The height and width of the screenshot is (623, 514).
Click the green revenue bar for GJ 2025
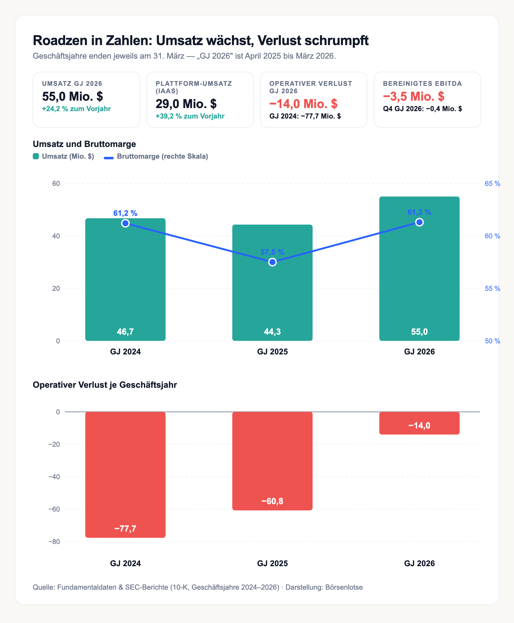click(x=272, y=282)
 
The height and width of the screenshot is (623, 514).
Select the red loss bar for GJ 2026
click(x=419, y=423)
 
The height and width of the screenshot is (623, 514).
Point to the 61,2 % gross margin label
click(x=125, y=213)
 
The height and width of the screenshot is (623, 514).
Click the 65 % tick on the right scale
click(x=492, y=184)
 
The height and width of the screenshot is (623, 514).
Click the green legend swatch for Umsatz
click(x=36, y=156)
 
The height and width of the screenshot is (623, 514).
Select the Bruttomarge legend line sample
click(x=109, y=158)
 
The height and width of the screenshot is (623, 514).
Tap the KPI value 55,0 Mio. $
click(x=73, y=96)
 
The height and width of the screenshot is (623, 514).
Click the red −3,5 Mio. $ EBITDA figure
click(x=414, y=96)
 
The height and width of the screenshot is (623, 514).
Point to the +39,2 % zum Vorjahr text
click(x=190, y=116)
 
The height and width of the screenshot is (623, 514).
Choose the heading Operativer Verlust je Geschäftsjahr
click(x=105, y=385)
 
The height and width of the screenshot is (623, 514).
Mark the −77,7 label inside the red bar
click(x=125, y=529)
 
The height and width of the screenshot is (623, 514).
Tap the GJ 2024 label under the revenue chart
click(x=125, y=352)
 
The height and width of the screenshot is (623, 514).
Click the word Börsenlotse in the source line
click(x=344, y=587)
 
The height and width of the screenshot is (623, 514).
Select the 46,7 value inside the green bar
click(x=125, y=332)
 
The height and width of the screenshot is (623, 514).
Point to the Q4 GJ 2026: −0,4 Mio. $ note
click(x=423, y=109)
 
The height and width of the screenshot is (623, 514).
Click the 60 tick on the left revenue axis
click(x=56, y=184)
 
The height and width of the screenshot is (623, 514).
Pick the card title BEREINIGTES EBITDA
click(x=423, y=84)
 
